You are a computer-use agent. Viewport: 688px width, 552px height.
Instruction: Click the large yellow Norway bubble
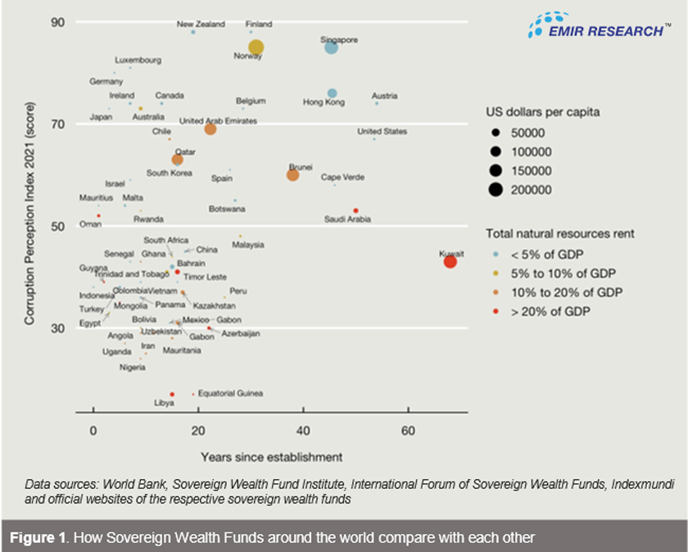coord(256,48)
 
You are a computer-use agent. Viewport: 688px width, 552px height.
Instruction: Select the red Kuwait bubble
coord(450,261)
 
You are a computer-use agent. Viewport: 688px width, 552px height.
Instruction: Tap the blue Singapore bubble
coord(331,48)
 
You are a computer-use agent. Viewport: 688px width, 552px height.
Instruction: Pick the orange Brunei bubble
coord(292,174)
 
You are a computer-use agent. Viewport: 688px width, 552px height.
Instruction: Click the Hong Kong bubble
coord(332,93)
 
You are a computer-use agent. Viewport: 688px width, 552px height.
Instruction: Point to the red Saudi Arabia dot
coord(355,210)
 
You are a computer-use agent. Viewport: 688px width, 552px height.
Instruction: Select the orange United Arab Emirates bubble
coord(210,129)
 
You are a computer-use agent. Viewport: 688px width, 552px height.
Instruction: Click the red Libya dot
coord(172,395)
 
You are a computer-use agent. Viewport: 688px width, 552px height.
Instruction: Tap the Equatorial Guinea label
coord(230,394)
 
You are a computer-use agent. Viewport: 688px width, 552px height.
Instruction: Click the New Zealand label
coord(201,25)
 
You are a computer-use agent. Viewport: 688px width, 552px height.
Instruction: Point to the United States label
coord(382,131)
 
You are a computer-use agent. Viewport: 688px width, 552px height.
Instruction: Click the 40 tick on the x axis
coord(302,431)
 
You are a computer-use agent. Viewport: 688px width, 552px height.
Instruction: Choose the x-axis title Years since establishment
coord(271,455)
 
